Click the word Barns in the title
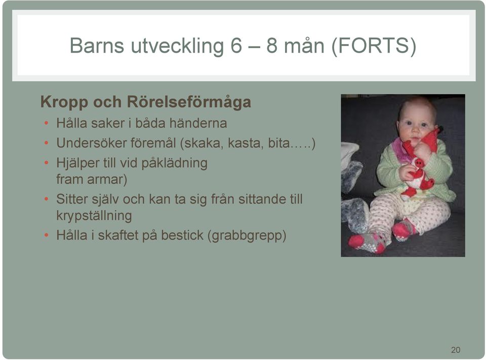pyautogui.click(x=97, y=45)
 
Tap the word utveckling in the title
pyautogui.click(x=177, y=46)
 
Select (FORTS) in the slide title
pyautogui.click(x=374, y=46)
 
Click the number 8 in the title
pyautogui.click(x=272, y=46)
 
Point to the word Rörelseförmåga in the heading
pyautogui.click(x=189, y=102)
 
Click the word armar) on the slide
pyautogui.click(x=107, y=179)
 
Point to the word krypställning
pyautogui.click(x=94, y=216)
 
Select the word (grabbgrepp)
pyautogui.click(x=247, y=235)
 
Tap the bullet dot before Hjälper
pyautogui.click(x=46, y=163)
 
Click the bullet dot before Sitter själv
pyautogui.click(x=46, y=199)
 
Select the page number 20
pyautogui.click(x=456, y=350)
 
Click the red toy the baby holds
pyautogui.click(x=419, y=165)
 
